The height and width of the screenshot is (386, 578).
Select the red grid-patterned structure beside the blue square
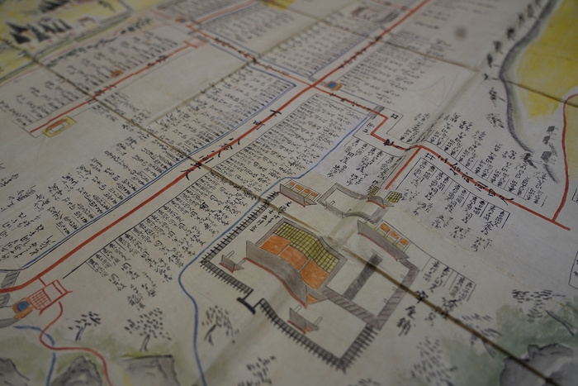tap(45, 296)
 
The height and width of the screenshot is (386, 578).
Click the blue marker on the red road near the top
tap(332, 84)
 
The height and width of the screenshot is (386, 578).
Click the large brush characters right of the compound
tap(405, 318)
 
